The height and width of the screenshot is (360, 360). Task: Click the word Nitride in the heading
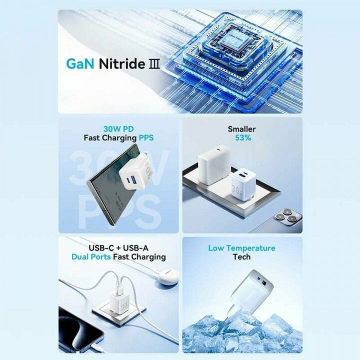120,64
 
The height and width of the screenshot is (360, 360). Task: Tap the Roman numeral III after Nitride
154,64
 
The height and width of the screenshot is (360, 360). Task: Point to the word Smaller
241,128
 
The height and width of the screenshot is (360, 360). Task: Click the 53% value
241,137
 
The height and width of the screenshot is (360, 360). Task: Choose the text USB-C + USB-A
118,248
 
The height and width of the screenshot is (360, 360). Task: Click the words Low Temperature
241,248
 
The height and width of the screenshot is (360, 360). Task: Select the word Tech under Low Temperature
241,257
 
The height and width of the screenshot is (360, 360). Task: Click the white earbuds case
167,277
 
